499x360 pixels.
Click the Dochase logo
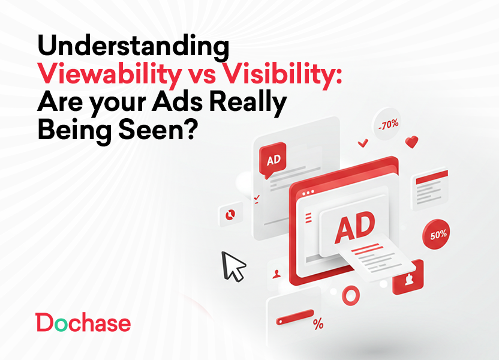point(83,323)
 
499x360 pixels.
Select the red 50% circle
point(438,234)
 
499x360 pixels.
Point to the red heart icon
point(411,142)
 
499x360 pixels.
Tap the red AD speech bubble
point(273,161)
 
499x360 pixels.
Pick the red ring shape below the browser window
point(349,295)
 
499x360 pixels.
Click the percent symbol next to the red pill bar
point(318,325)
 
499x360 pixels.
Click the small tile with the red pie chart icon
point(229,214)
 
